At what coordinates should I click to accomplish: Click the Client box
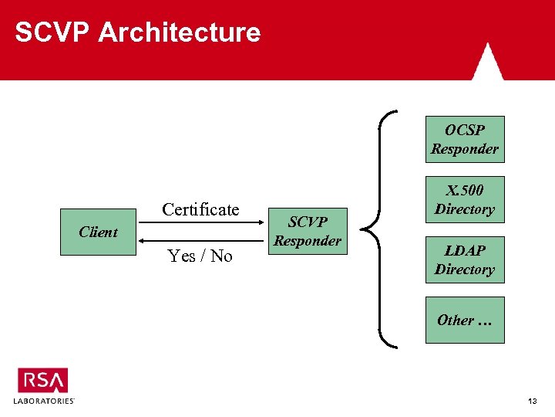[99, 232]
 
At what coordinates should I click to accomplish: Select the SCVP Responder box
[308, 231]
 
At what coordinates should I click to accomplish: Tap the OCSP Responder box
[465, 139]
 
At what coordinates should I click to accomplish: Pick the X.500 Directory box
[465, 199]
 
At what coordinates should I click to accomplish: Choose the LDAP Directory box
[465, 259]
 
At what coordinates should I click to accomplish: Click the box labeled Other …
[465, 320]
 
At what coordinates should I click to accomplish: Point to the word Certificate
[200, 209]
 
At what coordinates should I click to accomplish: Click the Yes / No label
[200, 256]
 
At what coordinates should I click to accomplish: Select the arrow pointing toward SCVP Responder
[201, 223]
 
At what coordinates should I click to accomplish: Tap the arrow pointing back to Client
[201, 241]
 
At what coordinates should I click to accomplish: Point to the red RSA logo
[43, 380]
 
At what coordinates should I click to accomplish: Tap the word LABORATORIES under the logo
[43, 402]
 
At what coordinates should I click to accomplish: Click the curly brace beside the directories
[379, 230]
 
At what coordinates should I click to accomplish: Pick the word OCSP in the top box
[465, 130]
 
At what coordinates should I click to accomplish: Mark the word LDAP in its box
[465, 250]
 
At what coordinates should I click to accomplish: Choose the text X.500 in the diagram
[465, 190]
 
